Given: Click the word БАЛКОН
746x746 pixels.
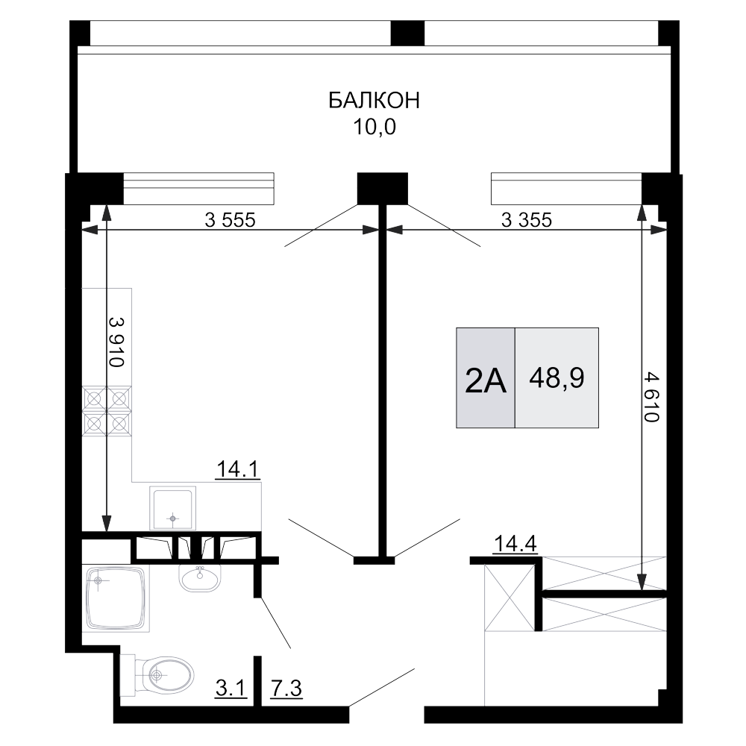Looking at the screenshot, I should point(374,101).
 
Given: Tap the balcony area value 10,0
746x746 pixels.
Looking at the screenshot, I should point(374,127).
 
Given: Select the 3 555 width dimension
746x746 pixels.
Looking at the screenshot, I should point(230,220).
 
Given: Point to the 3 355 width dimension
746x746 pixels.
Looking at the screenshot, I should point(526,220).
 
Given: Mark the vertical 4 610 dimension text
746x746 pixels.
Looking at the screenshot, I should point(651,398).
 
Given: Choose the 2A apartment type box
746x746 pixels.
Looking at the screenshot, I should point(486,379).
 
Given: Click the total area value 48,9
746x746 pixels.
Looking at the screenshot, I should point(557,379).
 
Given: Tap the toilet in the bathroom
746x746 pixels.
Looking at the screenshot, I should point(158,676).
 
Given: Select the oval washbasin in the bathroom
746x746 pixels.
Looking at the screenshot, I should point(199,577).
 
